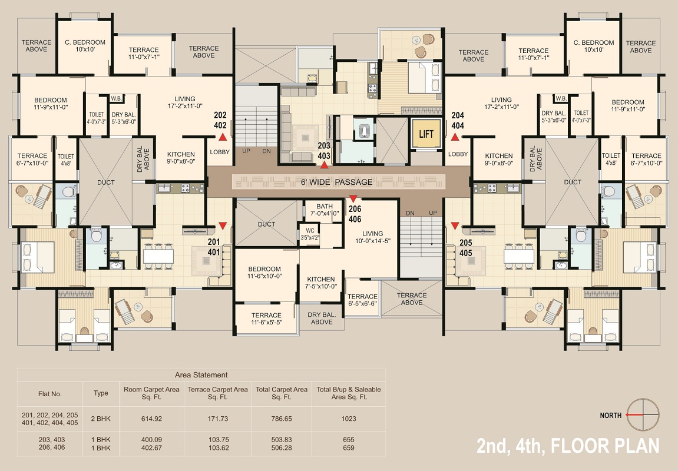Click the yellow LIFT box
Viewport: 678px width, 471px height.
click(x=426, y=134)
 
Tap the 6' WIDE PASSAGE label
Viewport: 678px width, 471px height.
click(x=336, y=182)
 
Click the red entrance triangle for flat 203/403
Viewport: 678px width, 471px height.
click(x=324, y=164)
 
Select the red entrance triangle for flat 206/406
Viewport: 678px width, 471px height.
click(x=353, y=199)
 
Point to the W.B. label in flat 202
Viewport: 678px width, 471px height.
click(x=116, y=98)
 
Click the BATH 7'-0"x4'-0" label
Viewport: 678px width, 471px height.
click(x=325, y=210)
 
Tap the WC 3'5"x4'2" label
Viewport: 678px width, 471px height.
click(x=310, y=234)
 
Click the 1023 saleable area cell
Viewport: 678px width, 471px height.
click(x=349, y=419)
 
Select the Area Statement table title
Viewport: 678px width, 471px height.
click(x=201, y=374)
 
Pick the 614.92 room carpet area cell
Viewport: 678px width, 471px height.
click(x=151, y=419)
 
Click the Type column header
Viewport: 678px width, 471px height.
click(x=101, y=393)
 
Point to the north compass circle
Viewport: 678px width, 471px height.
click(x=643, y=415)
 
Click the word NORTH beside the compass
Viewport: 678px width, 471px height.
click(x=610, y=415)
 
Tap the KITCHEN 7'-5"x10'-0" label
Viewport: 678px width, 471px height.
click(x=321, y=283)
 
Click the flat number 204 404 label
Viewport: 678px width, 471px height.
click(x=458, y=121)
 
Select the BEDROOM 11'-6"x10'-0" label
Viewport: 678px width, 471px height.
click(x=264, y=272)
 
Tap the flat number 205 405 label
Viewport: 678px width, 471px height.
click(x=466, y=248)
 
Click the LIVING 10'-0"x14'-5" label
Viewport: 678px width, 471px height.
click(x=372, y=237)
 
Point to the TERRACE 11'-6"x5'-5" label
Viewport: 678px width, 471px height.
click(x=266, y=319)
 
